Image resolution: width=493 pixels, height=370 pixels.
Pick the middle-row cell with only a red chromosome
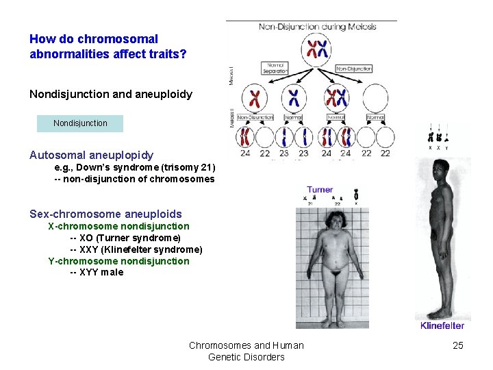tap(255, 99)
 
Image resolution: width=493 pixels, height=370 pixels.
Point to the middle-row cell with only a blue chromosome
tap(294, 99)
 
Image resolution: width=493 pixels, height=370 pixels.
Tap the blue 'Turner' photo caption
tap(320, 190)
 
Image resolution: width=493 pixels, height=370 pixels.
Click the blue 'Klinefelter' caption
tap(442, 325)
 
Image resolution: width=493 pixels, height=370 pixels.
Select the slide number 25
tap(458, 345)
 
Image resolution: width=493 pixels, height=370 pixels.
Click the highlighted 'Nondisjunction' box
tap(81, 123)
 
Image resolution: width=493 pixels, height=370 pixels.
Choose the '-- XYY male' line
tap(97, 272)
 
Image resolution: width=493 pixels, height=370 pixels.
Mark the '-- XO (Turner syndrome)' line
tap(125, 238)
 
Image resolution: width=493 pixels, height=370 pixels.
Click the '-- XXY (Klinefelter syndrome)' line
tap(136, 249)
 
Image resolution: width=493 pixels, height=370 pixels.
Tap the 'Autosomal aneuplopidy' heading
tap(92, 156)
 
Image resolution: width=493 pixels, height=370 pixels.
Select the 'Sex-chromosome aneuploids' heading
tap(105, 214)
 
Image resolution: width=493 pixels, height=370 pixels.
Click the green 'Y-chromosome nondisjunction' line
tap(118, 260)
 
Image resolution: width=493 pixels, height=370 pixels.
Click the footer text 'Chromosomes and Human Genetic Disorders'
tap(246, 351)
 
